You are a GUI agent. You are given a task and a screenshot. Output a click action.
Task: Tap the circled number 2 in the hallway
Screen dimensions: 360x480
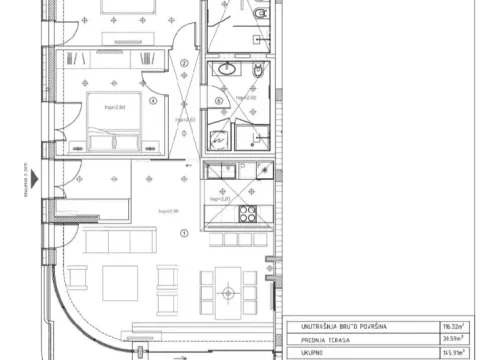coord(183,61)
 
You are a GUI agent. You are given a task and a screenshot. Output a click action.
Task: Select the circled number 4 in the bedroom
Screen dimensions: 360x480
coord(153,100)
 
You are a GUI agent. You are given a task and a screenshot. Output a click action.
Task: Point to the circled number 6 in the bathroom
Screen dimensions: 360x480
coord(219,101)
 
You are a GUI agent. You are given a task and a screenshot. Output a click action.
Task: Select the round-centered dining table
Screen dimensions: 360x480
coord(229,292)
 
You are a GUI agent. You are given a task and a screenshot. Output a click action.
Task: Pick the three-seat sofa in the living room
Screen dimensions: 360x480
coord(120,241)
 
